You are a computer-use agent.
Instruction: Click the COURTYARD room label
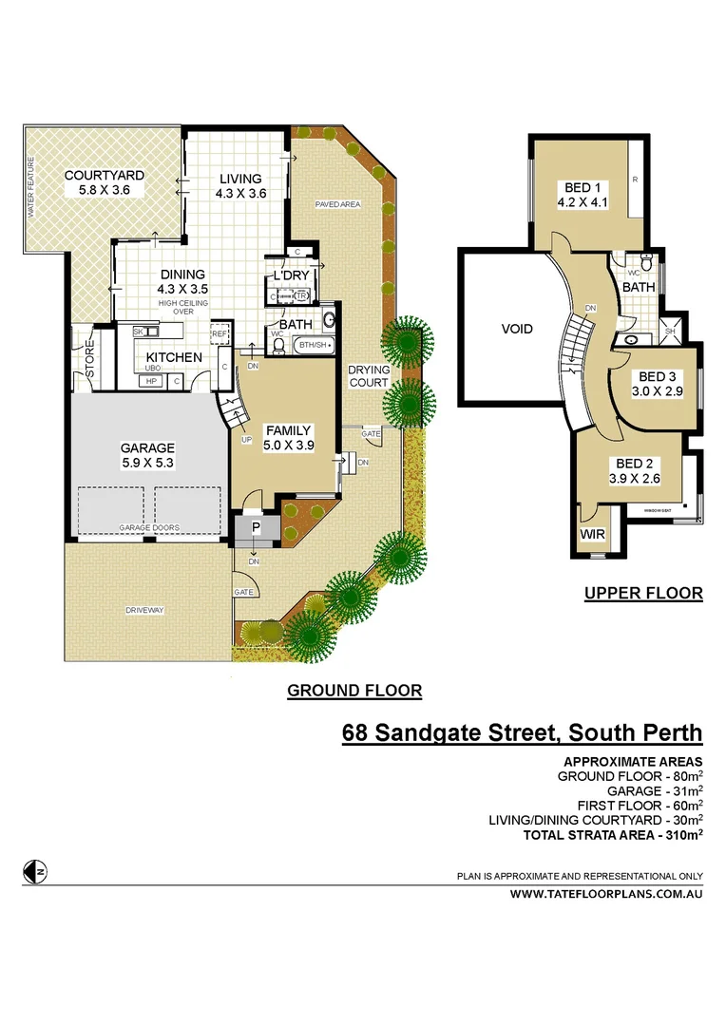point(105,176)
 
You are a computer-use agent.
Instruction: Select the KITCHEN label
point(173,357)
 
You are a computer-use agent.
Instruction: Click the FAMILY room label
point(288,438)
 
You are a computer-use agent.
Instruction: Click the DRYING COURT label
point(368,376)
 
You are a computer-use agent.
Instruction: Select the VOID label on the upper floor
point(517,330)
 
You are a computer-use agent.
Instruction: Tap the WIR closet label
point(592,536)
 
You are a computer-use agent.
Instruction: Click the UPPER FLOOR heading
point(643,594)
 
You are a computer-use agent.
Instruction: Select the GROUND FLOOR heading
point(354,691)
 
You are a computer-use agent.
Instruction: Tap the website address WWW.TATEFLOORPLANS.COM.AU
point(606,894)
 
